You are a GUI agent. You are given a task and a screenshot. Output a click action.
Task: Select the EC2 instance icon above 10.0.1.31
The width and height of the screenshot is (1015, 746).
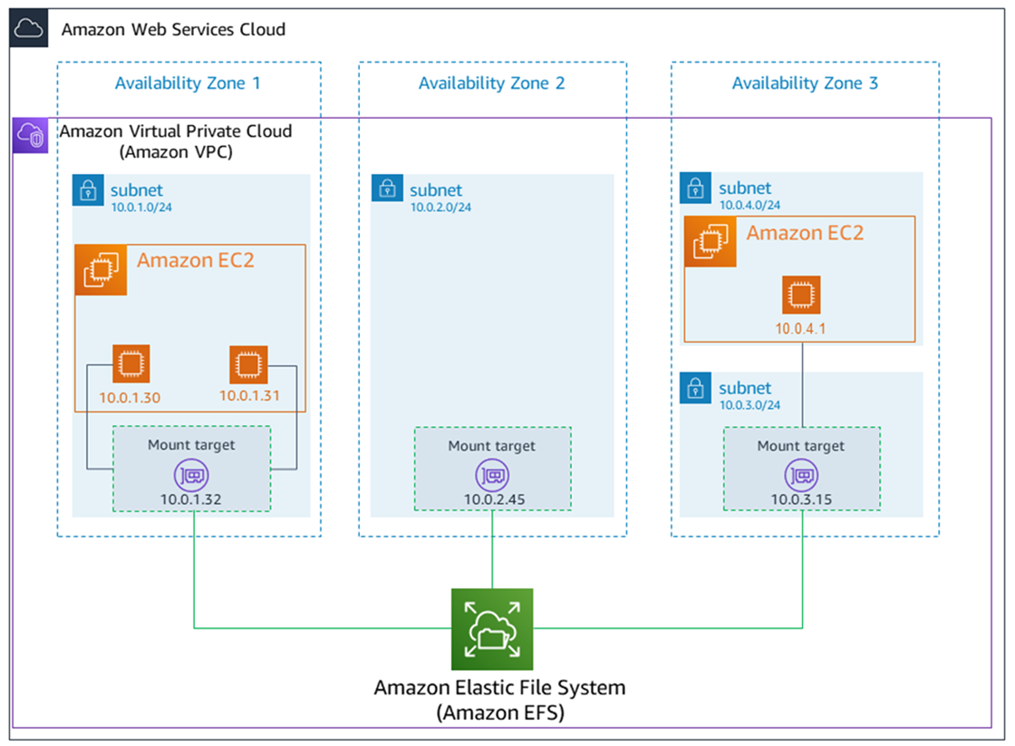pyautogui.click(x=245, y=364)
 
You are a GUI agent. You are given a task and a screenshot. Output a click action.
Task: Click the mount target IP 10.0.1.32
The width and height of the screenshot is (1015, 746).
pyautogui.click(x=192, y=499)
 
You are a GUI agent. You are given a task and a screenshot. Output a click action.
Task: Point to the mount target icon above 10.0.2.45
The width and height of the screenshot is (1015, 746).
pyautogui.click(x=492, y=474)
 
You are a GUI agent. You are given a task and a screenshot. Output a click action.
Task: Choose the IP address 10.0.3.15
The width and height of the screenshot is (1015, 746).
pyautogui.click(x=801, y=499)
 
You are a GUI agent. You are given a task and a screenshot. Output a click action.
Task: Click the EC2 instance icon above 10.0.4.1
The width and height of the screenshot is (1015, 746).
pyautogui.click(x=801, y=295)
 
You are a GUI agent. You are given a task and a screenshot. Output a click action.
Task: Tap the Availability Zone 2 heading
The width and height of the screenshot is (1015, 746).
pyautogui.click(x=492, y=83)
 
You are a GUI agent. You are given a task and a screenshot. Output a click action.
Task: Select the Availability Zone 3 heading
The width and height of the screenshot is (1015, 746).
pyautogui.click(x=805, y=83)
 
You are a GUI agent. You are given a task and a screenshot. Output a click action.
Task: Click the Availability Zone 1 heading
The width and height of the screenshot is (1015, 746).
pyautogui.click(x=188, y=83)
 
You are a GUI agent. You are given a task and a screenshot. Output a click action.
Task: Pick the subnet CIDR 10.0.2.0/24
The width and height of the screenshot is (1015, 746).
pyautogui.click(x=440, y=208)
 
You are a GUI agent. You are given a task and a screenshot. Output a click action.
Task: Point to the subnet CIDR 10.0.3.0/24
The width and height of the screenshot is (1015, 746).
pyautogui.click(x=749, y=405)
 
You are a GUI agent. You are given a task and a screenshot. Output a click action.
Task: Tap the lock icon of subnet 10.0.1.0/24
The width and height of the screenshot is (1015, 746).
pyautogui.click(x=87, y=191)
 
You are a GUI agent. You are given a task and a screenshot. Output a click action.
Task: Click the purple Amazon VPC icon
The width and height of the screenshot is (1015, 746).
pyautogui.click(x=30, y=135)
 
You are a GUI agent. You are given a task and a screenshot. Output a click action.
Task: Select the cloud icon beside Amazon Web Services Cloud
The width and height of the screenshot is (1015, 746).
pyautogui.click(x=28, y=29)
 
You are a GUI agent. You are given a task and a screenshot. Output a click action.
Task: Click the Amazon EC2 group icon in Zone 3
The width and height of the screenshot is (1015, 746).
pyautogui.click(x=710, y=242)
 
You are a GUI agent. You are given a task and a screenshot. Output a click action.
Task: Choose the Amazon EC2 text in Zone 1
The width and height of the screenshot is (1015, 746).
pyautogui.click(x=195, y=261)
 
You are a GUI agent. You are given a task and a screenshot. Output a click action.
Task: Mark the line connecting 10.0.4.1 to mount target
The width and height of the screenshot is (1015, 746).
pyautogui.click(x=802, y=385)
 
